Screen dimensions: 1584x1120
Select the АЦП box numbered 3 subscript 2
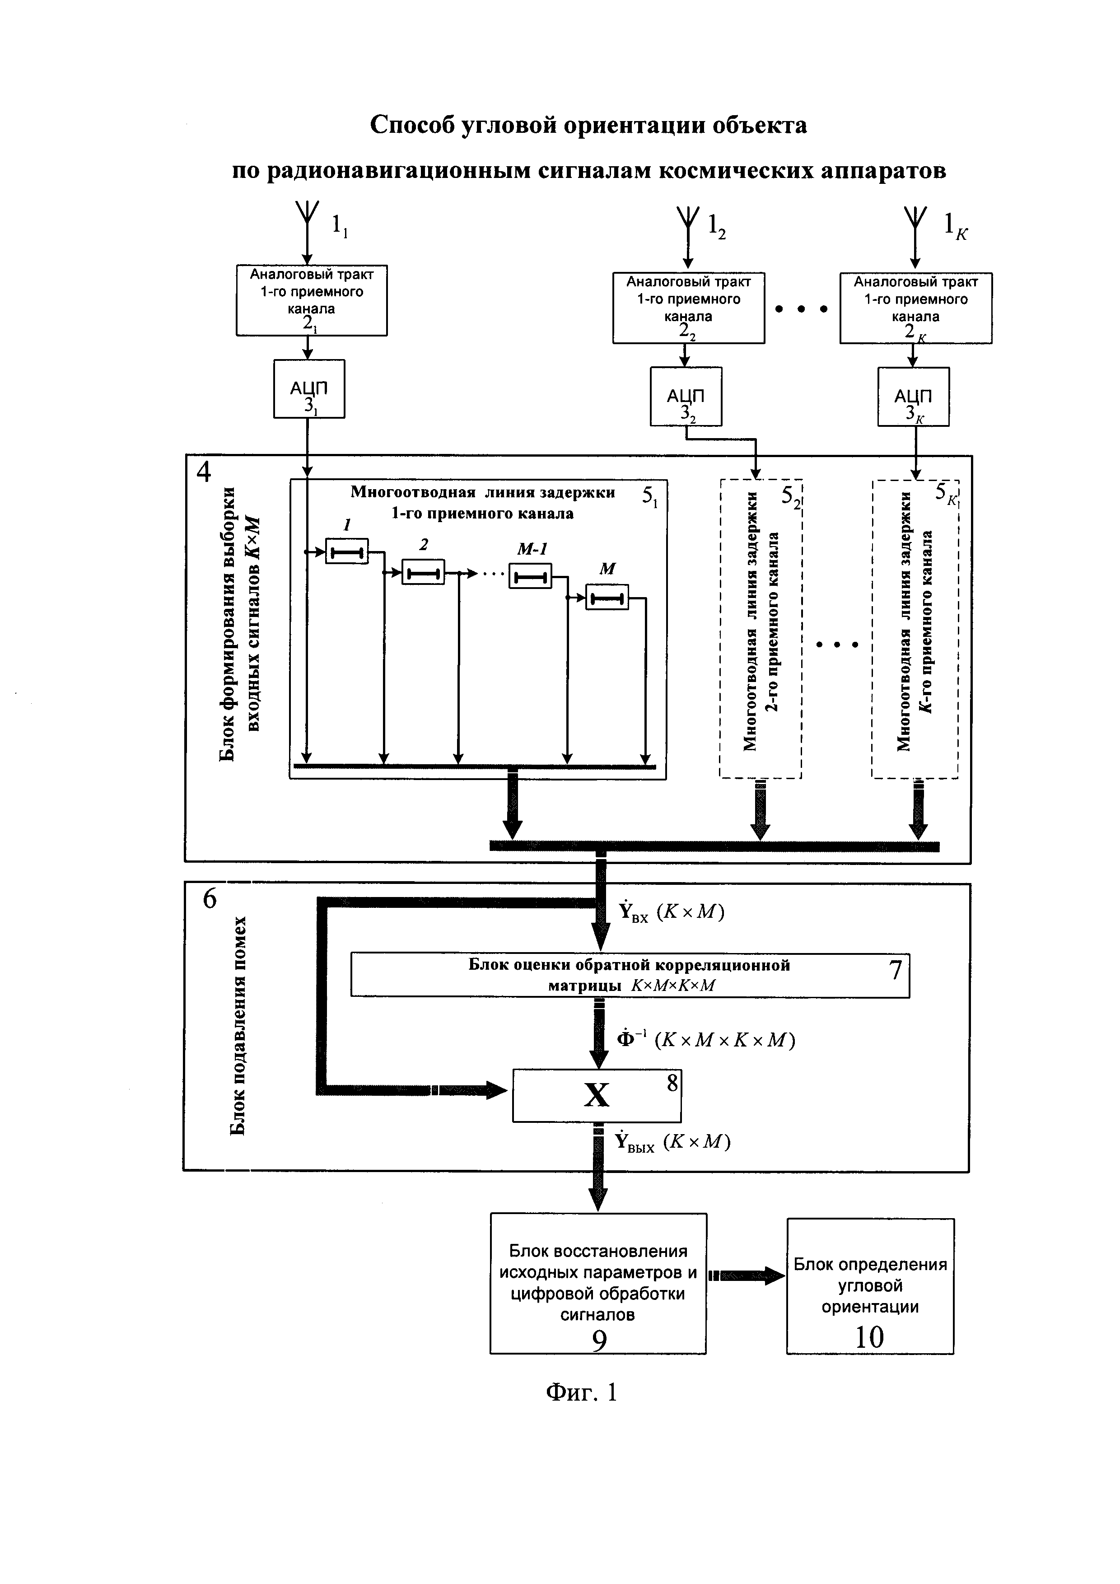click(x=686, y=396)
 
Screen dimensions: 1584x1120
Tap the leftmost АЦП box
click(x=309, y=388)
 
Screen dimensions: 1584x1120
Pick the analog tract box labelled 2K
click(x=915, y=308)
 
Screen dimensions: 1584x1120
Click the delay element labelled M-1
click(x=530, y=575)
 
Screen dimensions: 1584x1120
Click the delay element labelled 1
click(x=347, y=551)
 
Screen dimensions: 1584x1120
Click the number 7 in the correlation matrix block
click(x=895, y=970)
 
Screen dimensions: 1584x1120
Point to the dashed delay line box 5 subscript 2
click(x=761, y=628)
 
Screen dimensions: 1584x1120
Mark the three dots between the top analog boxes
click(x=801, y=309)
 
